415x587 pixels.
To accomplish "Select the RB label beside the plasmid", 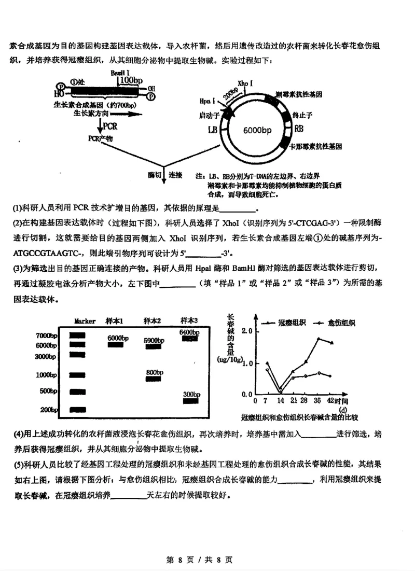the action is click(x=299, y=129).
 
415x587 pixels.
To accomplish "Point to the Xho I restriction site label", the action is click(x=245, y=83).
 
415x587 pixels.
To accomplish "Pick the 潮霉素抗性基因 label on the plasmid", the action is click(x=299, y=94).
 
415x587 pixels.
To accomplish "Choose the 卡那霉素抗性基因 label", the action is click(x=315, y=147).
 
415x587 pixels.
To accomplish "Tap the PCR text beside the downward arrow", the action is click(x=110, y=127).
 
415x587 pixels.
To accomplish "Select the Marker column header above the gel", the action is click(x=85, y=321).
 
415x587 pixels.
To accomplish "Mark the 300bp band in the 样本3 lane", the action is click(x=190, y=400).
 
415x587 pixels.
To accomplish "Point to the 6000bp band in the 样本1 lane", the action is click(x=118, y=345).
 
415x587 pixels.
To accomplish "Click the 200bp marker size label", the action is click(x=48, y=410).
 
